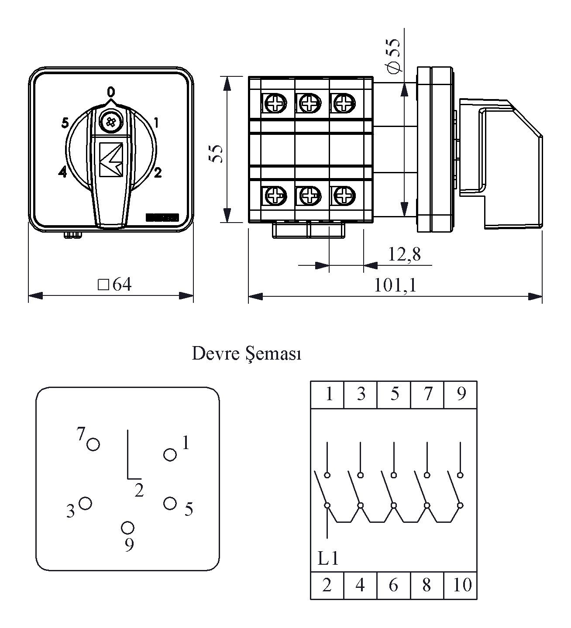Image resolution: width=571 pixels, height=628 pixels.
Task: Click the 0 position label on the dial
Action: [111, 92]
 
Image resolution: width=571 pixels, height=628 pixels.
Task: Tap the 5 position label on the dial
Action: [65, 124]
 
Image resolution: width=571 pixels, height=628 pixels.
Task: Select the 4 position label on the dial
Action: [62, 172]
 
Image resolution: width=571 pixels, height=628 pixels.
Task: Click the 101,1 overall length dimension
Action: [395, 285]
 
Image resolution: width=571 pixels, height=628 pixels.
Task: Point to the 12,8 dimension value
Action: [404, 254]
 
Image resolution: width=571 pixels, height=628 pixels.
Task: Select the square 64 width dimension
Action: [115, 285]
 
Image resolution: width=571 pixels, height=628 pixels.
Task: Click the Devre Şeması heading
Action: [247, 353]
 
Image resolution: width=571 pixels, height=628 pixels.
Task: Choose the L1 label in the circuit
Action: [328, 559]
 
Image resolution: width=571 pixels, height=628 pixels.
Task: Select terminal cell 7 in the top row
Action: [427, 394]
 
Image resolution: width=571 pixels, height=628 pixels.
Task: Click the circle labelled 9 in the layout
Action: [127, 528]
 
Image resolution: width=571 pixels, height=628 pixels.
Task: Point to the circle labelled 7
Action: [93, 445]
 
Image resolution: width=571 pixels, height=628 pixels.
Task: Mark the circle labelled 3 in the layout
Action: [85, 503]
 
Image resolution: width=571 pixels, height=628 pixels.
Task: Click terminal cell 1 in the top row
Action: [328, 394]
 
